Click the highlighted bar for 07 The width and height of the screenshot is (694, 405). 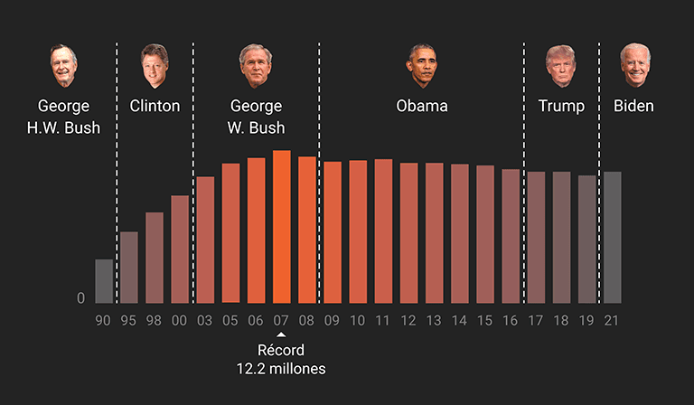pos(281,227)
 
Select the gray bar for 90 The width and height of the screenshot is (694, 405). pos(104,281)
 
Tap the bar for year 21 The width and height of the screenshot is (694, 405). pos(612,238)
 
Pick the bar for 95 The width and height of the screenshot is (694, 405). pos(129,268)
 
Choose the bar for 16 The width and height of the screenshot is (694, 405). pos(511,236)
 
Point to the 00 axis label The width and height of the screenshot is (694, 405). pos(180,320)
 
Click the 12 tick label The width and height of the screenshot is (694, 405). pos(408,320)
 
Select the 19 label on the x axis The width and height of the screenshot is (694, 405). pos(586,320)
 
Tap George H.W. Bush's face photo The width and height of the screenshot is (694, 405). pos(63,65)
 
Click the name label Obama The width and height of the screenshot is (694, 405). pos(422,106)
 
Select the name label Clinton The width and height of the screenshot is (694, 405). pos(155,106)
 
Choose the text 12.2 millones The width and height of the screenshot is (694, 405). pos(281,369)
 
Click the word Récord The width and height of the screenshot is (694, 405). pos(281,351)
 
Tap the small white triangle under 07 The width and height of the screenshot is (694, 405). pos(281,335)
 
